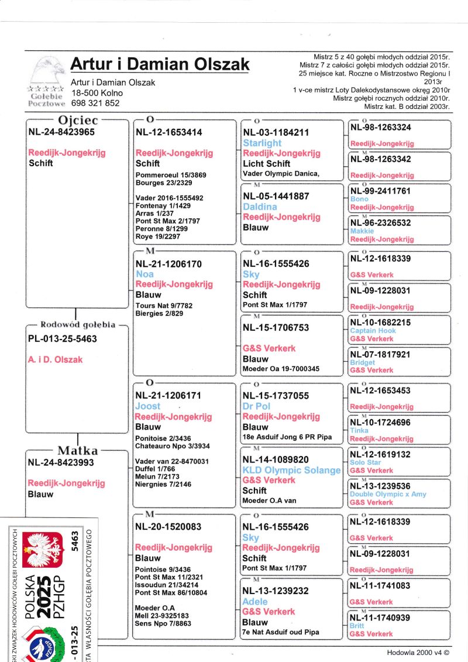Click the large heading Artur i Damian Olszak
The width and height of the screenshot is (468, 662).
click(x=160, y=64)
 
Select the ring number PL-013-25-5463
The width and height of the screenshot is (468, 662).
click(x=63, y=339)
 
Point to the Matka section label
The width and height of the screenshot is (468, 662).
click(x=77, y=451)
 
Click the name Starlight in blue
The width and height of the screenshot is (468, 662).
click(x=262, y=143)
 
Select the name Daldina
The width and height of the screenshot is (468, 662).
click(x=260, y=207)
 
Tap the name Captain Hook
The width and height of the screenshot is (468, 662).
click(x=373, y=331)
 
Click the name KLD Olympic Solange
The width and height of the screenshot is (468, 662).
click(x=291, y=470)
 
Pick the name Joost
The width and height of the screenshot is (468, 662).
click(x=147, y=406)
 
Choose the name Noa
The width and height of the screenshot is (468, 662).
click(x=144, y=275)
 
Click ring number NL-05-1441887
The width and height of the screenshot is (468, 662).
click(x=276, y=196)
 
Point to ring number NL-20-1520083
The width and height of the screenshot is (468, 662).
click(x=168, y=527)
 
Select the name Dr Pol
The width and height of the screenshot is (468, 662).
click(x=256, y=406)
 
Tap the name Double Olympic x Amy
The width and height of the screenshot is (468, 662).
click(x=388, y=494)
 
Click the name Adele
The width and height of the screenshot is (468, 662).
click(x=255, y=602)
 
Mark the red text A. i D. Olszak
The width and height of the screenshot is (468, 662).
click(x=56, y=360)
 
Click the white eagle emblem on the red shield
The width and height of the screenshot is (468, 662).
click(x=42, y=551)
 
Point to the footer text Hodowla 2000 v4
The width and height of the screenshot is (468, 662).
click(x=418, y=651)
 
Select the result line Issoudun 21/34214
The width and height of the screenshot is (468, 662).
click(x=167, y=585)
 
